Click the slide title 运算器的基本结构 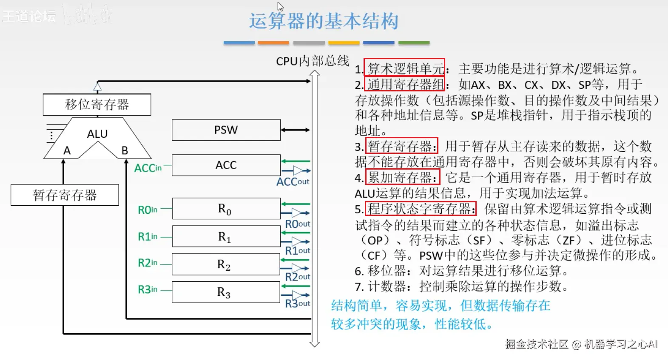pyautogui.click(x=324, y=21)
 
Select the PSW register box pyautogui.click(x=226, y=130)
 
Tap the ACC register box pyautogui.click(x=226, y=165)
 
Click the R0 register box pyautogui.click(x=226, y=209)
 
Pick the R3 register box pyautogui.click(x=226, y=292)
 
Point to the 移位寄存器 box pyautogui.click(x=97, y=105)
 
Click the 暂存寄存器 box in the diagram pyautogui.click(x=65, y=195)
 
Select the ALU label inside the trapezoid pyautogui.click(x=97, y=134)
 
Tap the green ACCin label pyautogui.click(x=148, y=168)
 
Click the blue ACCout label pyautogui.click(x=293, y=182)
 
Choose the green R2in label pyautogui.click(x=148, y=263)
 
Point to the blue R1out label pyautogui.click(x=297, y=251)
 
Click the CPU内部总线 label pyautogui.click(x=313, y=61)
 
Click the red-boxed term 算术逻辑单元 pyautogui.click(x=404, y=68)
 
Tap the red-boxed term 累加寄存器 pyautogui.click(x=402, y=178)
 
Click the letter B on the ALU pyautogui.click(x=125, y=150)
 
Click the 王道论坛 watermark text pyautogui.click(x=29, y=16)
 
